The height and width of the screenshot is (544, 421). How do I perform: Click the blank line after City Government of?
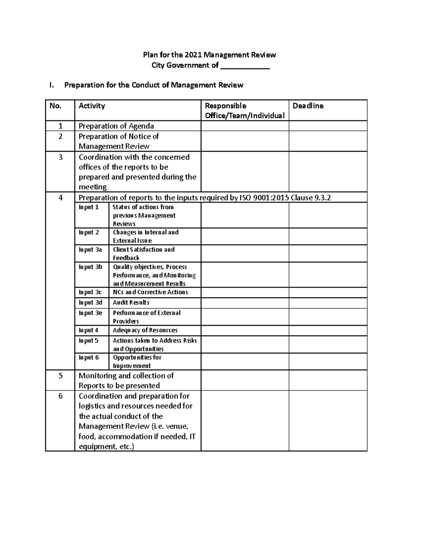pos(245,66)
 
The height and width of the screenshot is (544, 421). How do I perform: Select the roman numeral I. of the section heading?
pos(52,85)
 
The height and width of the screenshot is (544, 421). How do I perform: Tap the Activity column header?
pos(92,106)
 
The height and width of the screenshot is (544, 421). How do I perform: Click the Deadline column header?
pos(308,106)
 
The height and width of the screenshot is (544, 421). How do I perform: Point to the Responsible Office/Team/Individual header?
pos(245,111)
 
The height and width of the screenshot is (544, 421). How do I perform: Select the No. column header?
pos(55,106)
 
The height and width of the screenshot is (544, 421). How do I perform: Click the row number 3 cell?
pos(60,157)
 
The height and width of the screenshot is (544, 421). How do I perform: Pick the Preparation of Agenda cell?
pos(116,126)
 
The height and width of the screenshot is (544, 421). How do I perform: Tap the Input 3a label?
pos(90,250)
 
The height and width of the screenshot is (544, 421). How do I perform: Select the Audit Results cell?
pos(131,303)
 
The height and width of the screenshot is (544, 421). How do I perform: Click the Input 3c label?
pos(90,292)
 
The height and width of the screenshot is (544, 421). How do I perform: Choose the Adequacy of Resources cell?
pos(145,330)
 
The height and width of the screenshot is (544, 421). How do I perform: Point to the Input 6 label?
pos(89,358)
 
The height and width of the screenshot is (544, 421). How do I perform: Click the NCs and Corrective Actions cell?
pos(150,292)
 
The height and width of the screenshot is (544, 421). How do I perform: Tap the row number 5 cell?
pos(60,376)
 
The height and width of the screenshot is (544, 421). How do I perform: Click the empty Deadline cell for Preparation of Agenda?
pos(328,126)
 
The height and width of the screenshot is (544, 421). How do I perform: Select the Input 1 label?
pos(89,207)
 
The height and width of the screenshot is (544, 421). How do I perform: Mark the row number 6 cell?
pos(60,396)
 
